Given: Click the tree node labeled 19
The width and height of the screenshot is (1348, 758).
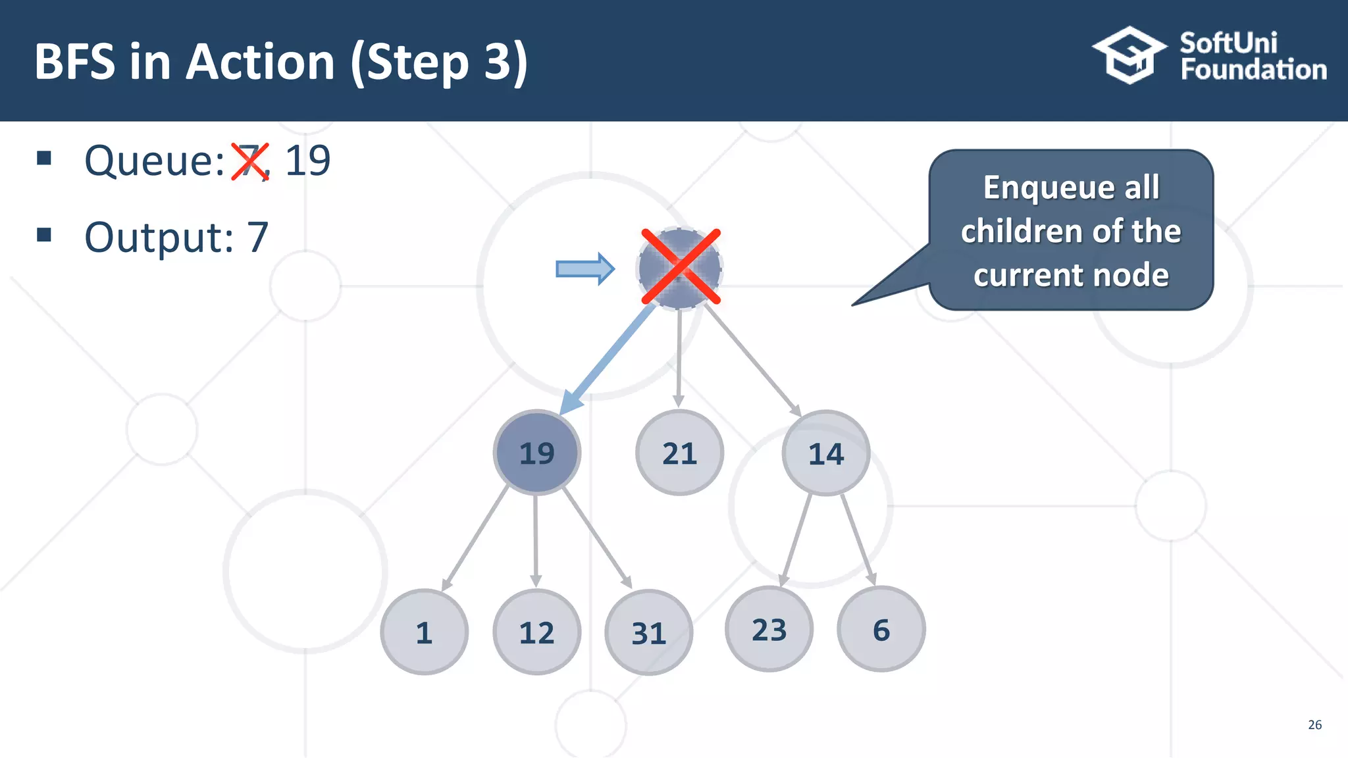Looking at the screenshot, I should coord(537,453).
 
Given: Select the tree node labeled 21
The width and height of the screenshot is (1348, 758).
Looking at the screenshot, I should coord(679,453).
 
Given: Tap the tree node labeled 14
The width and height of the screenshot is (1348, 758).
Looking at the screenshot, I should coord(825,453).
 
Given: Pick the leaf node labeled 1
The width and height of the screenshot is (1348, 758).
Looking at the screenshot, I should coord(424,632).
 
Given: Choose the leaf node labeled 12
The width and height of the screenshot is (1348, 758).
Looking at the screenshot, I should coord(536,632).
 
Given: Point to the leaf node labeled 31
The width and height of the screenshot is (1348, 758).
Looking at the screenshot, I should coord(648,632).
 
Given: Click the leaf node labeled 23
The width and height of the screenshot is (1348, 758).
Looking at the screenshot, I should coord(769,629).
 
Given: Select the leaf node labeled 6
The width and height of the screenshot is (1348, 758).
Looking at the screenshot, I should coord(881,629).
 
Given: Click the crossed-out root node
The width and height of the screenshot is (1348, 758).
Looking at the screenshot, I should coord(680,267).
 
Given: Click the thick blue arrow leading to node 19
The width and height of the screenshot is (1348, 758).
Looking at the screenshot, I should coord(609,359).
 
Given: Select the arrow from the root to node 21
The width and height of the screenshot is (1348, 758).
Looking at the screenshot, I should coord(679,355).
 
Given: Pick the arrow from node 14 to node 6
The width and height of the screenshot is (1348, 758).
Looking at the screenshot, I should coord(858,540).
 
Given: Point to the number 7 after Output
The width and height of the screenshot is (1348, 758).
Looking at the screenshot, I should coord(257,238).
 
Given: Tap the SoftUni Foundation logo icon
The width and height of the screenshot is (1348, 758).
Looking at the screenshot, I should coord(1129,55).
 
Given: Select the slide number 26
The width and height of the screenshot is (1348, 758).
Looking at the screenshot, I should coord(1314,724).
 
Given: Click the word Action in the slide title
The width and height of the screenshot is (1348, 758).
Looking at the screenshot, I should coord(261,62).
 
